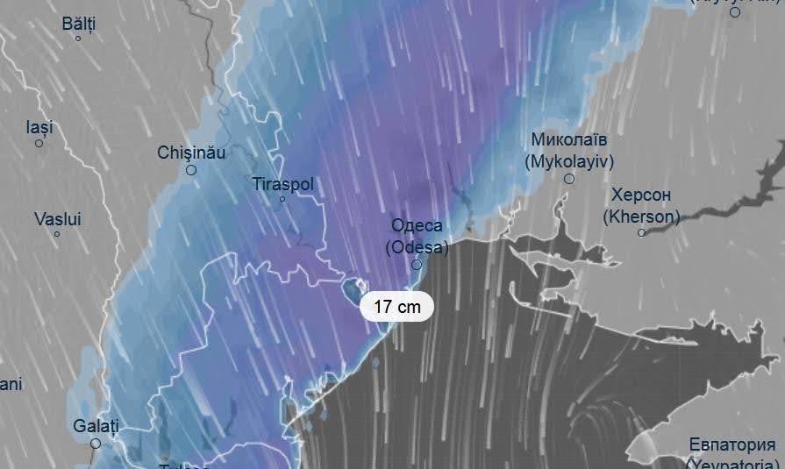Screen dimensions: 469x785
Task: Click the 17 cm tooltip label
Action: [396, 307]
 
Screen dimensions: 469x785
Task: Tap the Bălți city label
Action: [78, 23]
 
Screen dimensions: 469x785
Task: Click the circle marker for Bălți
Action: [78, 39]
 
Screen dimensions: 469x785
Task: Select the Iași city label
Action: [39, 127]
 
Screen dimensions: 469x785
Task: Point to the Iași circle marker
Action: [39, 143]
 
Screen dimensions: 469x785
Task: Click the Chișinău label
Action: [191, 153]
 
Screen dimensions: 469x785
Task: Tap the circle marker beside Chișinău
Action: [191, 170]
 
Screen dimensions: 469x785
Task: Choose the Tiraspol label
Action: [282, 185]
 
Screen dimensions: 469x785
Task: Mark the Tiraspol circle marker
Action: [282, 199]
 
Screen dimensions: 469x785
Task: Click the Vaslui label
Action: [57, 219]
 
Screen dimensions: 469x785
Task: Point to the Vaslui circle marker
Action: [57, 234]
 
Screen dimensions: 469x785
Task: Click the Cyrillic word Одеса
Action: [417, 226]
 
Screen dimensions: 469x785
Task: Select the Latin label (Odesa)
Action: [417, 247]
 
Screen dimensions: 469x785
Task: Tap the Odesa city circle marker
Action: [417, 264]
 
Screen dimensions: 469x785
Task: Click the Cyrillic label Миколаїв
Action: [569, 140]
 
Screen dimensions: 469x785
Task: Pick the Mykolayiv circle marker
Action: [569, 179]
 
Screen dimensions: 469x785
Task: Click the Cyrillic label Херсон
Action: [642, 195]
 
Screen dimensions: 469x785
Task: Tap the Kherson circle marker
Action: [642, 232]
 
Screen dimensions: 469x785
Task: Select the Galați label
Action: [95, 426]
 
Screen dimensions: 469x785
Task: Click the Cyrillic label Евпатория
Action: [732, 444]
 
